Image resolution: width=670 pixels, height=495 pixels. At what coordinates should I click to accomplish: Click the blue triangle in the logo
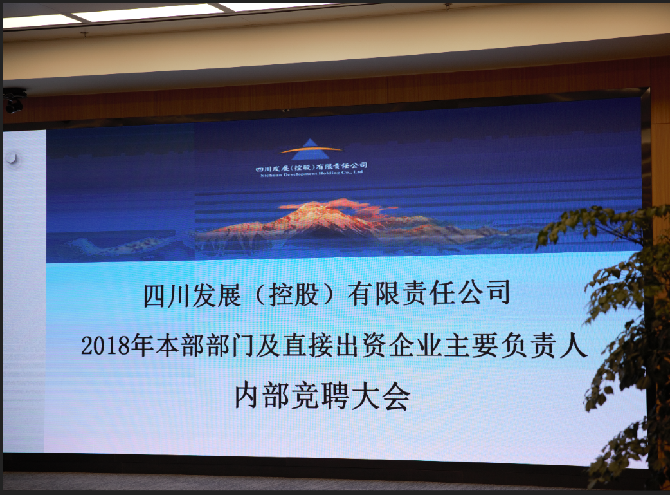pos(311,147)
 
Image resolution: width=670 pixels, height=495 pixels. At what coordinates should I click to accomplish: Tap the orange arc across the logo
pos(310,150)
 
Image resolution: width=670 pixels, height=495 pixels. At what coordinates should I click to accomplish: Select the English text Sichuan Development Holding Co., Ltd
pos(311,174)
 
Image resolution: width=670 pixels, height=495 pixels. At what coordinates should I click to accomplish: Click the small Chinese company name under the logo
pos(311,167)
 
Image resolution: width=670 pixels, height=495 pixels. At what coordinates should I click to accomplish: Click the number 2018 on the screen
pos(105,346)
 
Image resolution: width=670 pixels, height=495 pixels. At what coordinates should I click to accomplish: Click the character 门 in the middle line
pos(242,346)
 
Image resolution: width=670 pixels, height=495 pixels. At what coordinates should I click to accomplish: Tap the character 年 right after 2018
pos(142,346)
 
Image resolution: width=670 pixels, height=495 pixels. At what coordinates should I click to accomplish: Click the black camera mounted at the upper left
pos(14,100)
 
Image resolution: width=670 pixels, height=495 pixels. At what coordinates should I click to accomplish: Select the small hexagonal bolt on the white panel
pos(12,158)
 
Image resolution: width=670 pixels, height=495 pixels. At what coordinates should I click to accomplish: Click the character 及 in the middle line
pos(268,346)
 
